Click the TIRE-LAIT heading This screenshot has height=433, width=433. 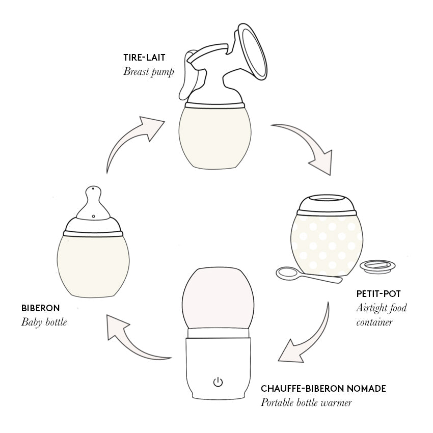(145, 57)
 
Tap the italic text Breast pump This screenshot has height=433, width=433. (148, 71)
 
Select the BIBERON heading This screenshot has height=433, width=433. (40, 308)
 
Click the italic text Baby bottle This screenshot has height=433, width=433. (44, 322)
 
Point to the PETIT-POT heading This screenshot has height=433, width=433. (378, 294)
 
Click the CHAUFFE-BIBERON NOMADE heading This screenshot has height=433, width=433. (323, 389)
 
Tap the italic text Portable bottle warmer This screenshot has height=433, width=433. (306, 402)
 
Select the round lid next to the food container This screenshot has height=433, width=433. (377, 266)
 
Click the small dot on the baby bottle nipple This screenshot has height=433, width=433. (94, 216)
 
